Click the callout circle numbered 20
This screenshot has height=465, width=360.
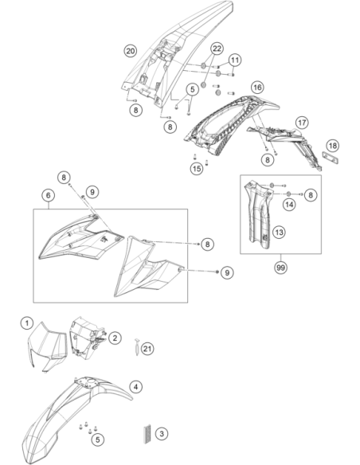[x=130, y=51]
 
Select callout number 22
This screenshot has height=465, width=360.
[x=217, y=49]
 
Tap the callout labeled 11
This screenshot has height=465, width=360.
[x=235, y=61]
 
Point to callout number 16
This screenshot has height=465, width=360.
[x=257, y=88]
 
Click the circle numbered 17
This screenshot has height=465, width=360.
[x=302, y=123]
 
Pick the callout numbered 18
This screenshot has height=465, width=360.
[x=333, y=146]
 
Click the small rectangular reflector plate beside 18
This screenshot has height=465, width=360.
[x=331, y=158]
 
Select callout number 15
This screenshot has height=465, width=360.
[x=197, y=169]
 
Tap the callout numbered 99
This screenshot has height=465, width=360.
[x=280, y=268]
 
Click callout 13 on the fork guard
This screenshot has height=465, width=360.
[x=279, y=232]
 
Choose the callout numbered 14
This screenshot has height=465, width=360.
[x=289, y=205]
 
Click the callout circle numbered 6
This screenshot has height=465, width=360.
[x=49, y=195]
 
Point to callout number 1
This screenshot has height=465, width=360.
[x=27, y=322]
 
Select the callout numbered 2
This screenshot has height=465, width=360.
[x=115, y=338]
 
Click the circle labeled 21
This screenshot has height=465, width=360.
[x=147, y=349]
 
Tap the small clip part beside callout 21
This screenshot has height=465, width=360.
[x=137, y=347]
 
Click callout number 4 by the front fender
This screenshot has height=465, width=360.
[x=135, y=387]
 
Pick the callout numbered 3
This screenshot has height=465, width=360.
[x=162, y=434]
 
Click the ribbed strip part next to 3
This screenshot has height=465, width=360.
[x=147, y=434]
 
